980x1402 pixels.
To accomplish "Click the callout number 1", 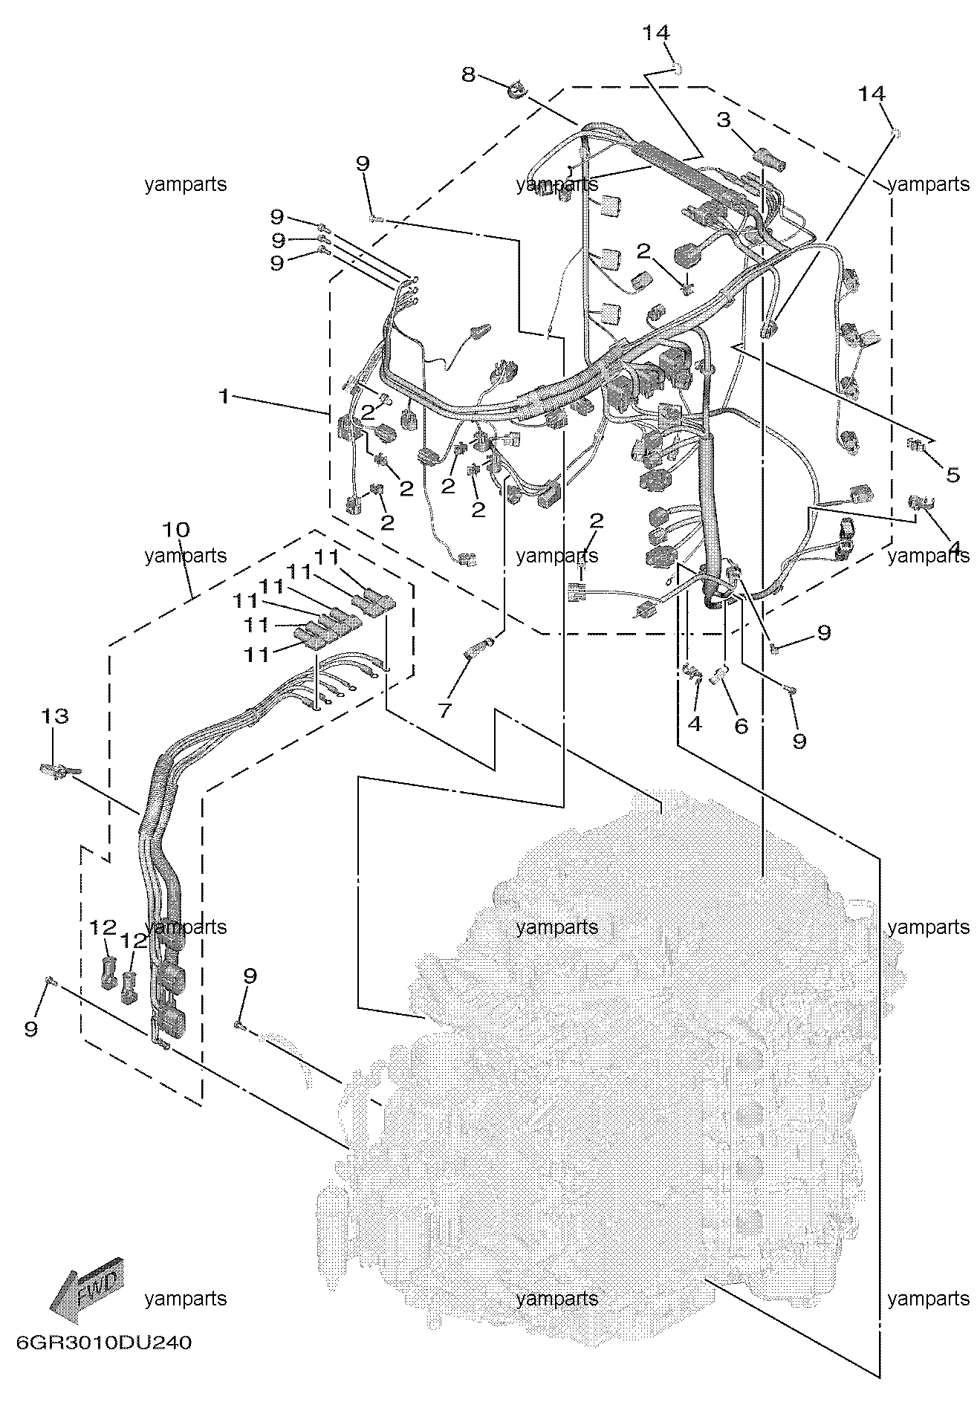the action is point(223,397).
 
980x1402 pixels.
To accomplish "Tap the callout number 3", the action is point(724,120).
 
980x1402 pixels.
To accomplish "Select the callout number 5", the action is point(953,474).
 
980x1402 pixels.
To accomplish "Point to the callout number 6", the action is point(741,726).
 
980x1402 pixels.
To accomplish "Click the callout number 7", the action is point(444,711).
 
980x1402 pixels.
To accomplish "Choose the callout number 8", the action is point(467,74).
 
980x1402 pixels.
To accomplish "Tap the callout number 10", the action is point(177,530).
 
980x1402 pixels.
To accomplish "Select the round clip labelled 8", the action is point(517,92).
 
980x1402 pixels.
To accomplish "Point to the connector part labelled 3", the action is point(766,158).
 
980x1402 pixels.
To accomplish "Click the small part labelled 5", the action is point(917,445).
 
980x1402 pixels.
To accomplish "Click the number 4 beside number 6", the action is point(695,723).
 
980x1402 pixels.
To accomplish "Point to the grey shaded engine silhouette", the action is point(609,1055).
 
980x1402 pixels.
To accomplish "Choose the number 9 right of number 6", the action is point(799,741).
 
